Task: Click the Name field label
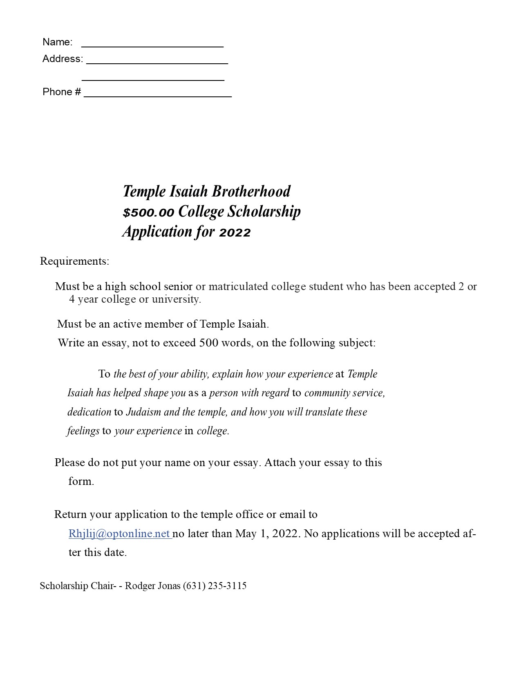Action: (x=58, y=42)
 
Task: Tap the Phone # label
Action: (x=62, y=92)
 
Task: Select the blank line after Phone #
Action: (x=158, y=95)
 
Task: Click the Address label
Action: (x=63, y=59)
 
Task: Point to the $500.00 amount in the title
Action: (x=148, y=212)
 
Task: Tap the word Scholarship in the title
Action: (x=264, y=212)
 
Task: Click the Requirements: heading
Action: (x=74, y=261)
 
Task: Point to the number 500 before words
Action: (x=208, y=342)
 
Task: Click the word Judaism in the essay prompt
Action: (x=143, y=412)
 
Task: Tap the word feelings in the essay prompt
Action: (x=83, y=431)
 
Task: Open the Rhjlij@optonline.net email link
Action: (x=119, y=533)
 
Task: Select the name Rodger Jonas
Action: (x=152, y=586)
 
